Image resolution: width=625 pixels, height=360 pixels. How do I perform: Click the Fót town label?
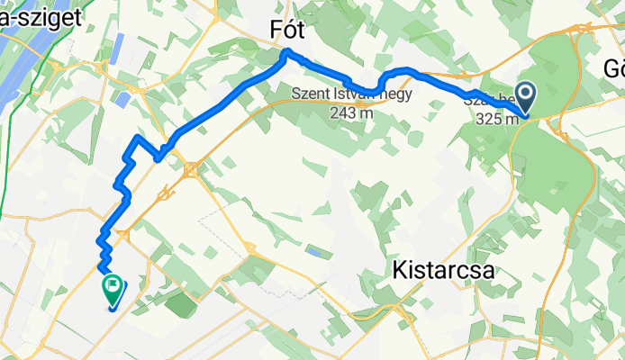click(x=288, y=30)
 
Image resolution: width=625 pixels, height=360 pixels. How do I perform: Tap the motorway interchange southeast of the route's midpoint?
click(x=190, y=168)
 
